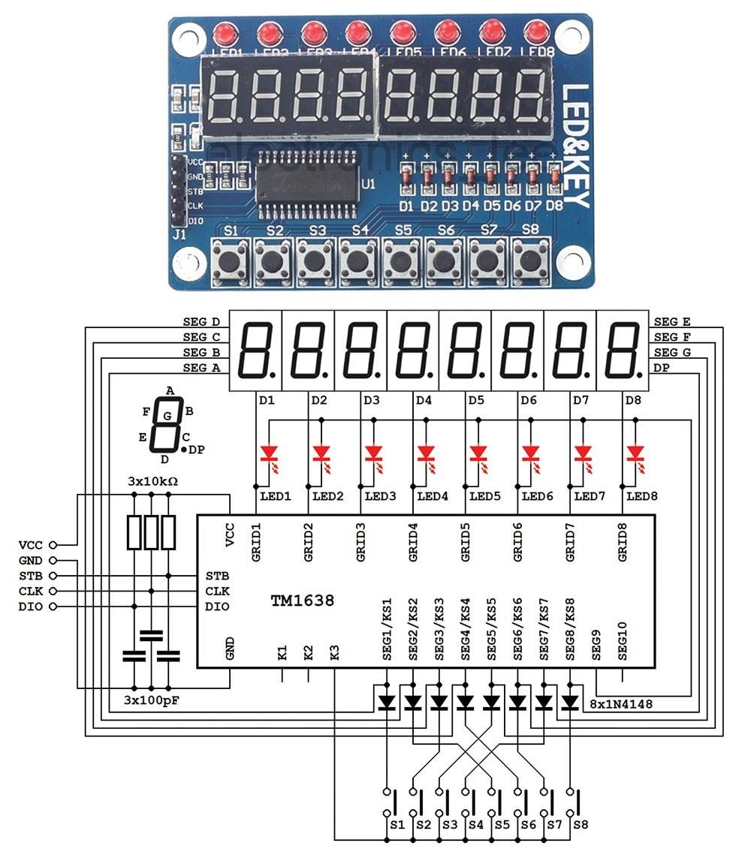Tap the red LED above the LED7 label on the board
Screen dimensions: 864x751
coord(491,32)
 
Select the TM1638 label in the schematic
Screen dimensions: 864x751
coord(303,601)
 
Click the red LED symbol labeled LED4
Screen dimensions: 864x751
coord(426,453)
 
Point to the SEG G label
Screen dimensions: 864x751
coord(672,352)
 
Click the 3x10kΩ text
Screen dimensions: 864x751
coord(153,480)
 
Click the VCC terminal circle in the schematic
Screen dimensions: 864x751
coord(52,545)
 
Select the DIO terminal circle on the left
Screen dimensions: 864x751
coord(52,607)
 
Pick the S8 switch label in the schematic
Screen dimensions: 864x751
coord(581,824)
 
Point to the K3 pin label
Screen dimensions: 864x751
coord(335,652)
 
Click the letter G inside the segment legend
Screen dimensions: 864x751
coord(167,415)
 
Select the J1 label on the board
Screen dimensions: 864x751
coord(179,235)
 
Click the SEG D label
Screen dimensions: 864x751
coord(201,321)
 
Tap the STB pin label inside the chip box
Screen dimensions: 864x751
coord(217,576)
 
